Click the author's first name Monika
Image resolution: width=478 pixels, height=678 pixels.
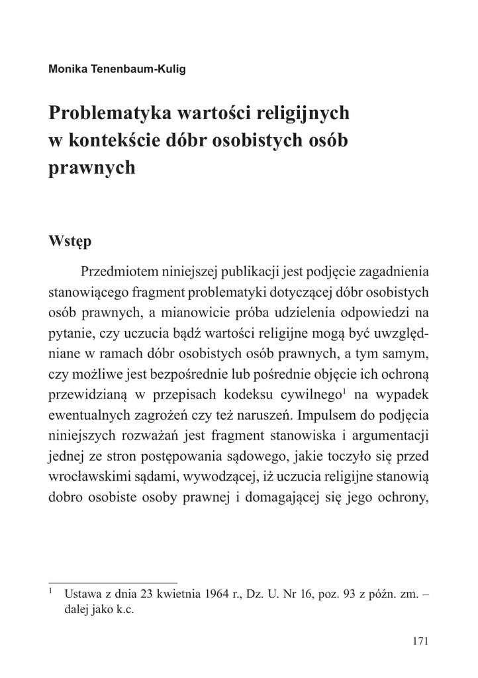[x=67, y=68]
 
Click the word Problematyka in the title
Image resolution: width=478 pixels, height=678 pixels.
[x=109, y=113]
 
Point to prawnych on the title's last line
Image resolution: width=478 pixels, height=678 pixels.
[x=92, y=168]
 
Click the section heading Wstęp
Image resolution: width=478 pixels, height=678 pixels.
[x=70, y=241]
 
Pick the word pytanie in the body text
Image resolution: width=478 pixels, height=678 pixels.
[x=68, y=334]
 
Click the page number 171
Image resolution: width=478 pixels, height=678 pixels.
[x=420, y=641]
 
